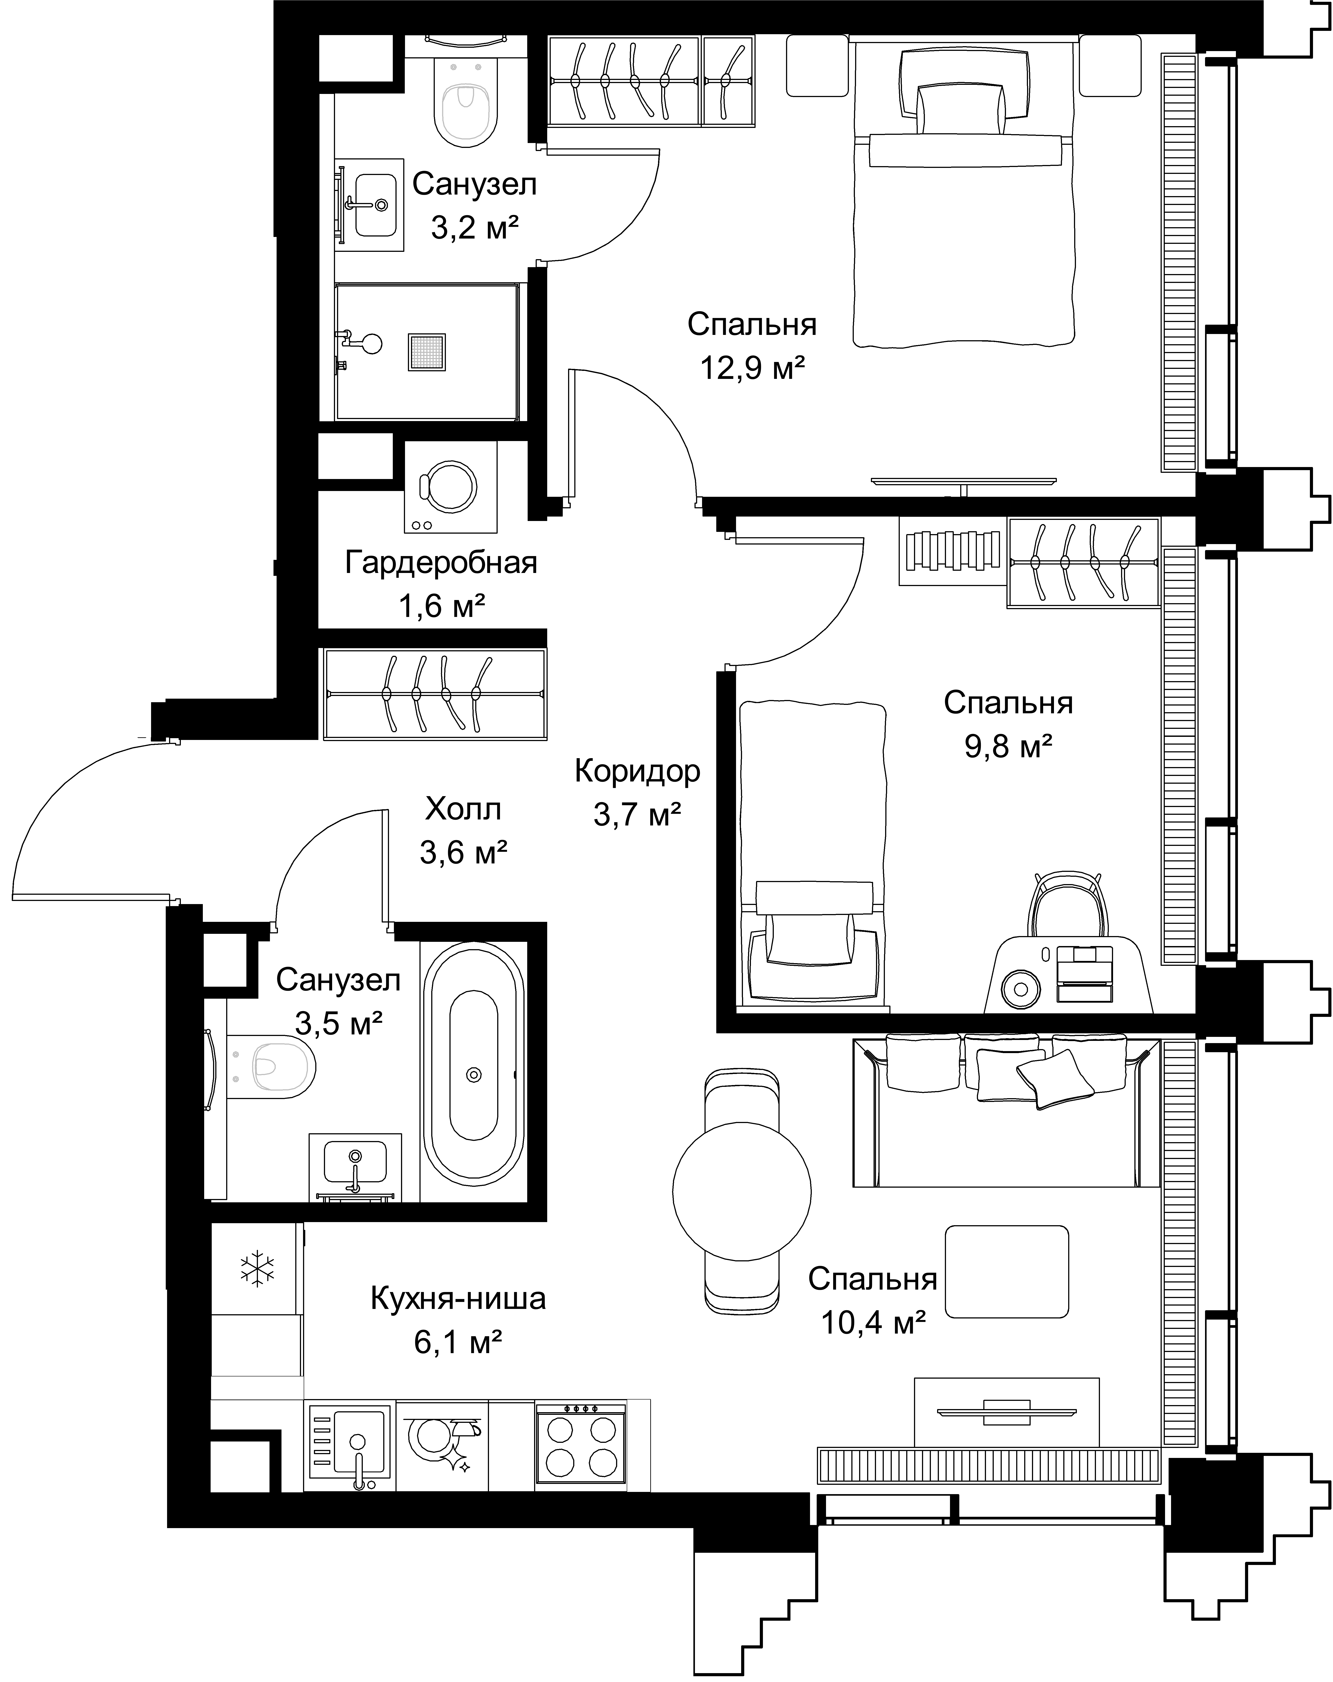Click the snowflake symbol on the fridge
click(x=257, y=1268)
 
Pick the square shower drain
click(x=426, y=352)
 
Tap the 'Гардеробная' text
click(x=441, y=563)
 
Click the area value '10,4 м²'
click(x=873, y=1322)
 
